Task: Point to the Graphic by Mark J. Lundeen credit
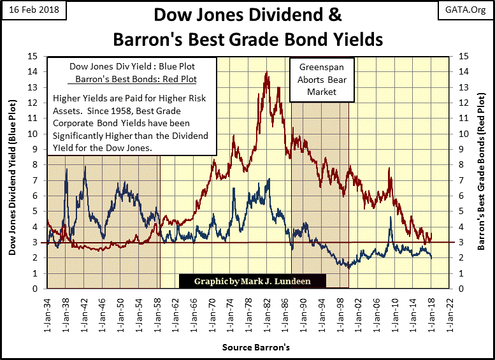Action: point(252,280)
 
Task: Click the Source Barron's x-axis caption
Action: point(248,348)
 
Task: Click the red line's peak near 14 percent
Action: point(266,72)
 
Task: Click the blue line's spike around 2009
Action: point(390,218)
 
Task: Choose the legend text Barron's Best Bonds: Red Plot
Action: point(134,80)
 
